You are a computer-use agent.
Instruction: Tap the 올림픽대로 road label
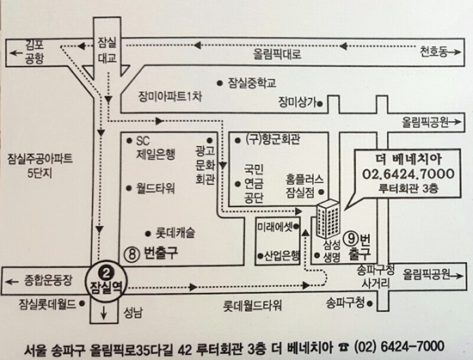[277, 54]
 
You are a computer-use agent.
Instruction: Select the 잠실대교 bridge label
[107, 50]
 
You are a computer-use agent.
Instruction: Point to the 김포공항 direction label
[34, 52]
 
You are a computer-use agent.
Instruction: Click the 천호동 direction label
[433, 52]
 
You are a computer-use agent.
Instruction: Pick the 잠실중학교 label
[252, 82]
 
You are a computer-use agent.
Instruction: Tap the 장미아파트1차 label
[170, 97]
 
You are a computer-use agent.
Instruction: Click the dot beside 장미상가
[320, 104]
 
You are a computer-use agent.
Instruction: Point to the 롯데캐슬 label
[175, 233]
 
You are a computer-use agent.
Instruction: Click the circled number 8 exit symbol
[132, 254]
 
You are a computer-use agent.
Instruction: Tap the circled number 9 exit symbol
[352, 239]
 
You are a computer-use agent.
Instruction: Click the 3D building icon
[328, 218]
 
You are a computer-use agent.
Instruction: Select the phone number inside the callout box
[408, 174]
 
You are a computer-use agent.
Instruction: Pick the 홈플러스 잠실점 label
[304, 186]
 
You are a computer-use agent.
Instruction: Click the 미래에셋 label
[275, 227]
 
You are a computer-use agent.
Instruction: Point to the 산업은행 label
[282, 256]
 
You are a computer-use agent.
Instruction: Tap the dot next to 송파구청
[370, 303]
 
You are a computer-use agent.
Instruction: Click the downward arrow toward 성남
[103, 313]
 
